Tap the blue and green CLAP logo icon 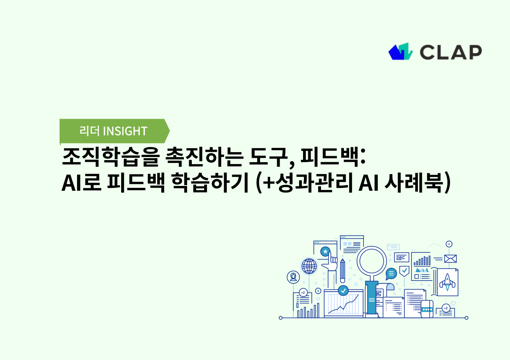(400, 52)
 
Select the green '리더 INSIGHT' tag (114, 131)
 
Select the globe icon (309, 266)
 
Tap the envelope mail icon (450, 259)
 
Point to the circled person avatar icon (293, 277)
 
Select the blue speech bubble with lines (391, 273)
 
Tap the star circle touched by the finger (325, 252)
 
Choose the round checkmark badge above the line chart (343, 290)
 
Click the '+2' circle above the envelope (449, 244)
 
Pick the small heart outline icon (453, 303)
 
